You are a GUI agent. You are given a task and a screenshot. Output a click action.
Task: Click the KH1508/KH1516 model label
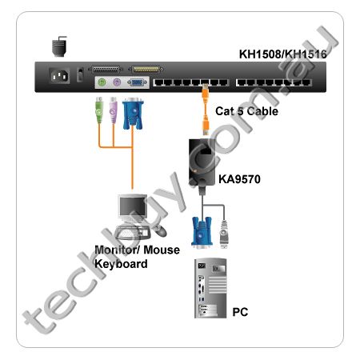click(x=282, y=54)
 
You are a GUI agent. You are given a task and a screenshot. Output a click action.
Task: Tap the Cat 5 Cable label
click(x=246, y=111)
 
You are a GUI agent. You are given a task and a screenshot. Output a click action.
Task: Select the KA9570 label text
click(x=239, y=179)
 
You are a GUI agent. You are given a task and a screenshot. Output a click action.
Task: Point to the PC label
click(x=240, y=312)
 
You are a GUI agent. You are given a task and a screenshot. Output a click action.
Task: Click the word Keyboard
click(x=121, y=264)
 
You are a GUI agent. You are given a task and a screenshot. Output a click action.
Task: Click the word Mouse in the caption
click(x=162, y=250)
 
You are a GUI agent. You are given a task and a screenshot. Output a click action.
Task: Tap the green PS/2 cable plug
click(x=99, y=110)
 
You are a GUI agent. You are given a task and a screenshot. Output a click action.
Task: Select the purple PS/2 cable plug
click(x=114, y=110)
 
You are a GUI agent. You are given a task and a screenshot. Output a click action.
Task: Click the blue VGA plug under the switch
click(x=133, y=114)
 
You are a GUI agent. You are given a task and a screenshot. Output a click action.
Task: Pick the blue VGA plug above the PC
click(x=202, y=232)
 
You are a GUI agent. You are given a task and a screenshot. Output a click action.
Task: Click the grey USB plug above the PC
click(x=224, y=234)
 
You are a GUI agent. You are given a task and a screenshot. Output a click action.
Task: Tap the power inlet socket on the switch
click(x=59, y=76)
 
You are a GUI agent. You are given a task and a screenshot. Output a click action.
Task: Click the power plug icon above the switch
click(x=59, y=46)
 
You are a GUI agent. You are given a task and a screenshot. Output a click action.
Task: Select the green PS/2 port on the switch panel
click(x=102, y=82)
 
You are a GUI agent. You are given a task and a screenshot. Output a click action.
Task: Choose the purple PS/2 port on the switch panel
click(x=117, y=82)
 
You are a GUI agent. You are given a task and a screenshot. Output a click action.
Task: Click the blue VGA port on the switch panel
click(x=137, y=82)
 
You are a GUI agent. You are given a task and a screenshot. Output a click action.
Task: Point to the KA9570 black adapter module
click(x=202, y=162)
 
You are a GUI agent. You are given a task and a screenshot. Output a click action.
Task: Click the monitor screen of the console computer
click(x=133, y=206)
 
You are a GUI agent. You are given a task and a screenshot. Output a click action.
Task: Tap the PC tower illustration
click(x=210, y=288)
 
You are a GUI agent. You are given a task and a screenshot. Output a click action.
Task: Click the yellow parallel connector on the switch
click(x=146, y=70)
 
